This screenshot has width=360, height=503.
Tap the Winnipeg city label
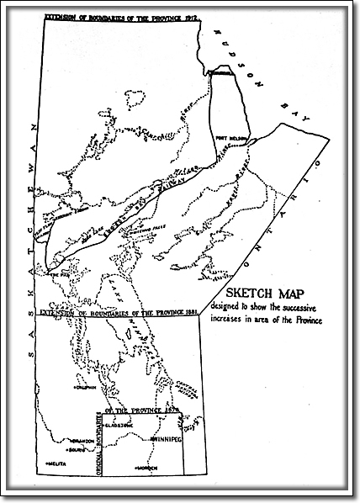(x=167, y=438)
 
